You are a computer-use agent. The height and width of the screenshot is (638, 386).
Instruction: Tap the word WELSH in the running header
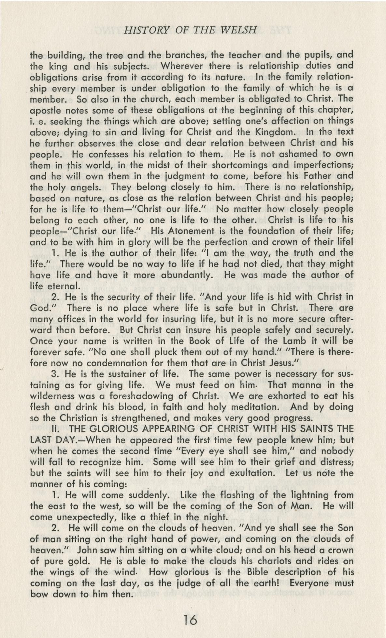click(238, 30)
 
